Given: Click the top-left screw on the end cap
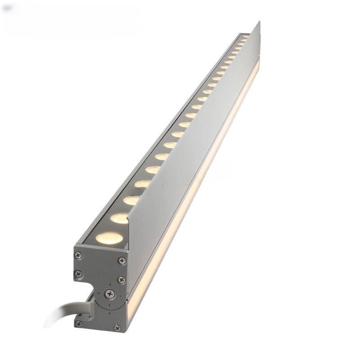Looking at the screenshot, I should [x=78, y=255].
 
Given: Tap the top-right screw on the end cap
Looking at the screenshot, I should [x=122, y=260].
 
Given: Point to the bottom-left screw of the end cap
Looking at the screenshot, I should [x=79, y=324].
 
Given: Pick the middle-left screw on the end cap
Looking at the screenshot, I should [x=78, y=273].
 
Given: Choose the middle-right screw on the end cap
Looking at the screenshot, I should [x=121, y=279].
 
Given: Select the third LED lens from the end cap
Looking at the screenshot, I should [x=131, y=200].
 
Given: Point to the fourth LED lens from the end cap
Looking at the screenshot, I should [x=142, y=184].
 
